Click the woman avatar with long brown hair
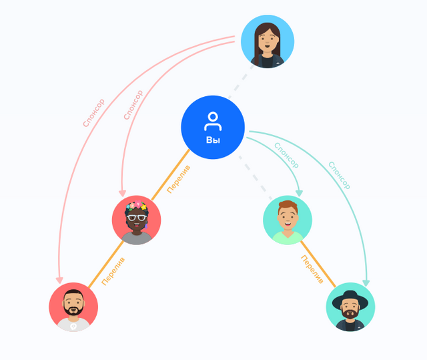(267, 42)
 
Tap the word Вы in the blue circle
(213, 140)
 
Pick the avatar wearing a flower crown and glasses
(137, 220)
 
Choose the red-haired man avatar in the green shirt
(288, 220)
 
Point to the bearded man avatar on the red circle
(73, 307)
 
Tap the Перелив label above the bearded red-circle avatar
(113, 271)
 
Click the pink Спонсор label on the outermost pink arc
(93, 114)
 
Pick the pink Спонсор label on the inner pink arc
(133, 105)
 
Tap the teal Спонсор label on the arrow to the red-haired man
(286, 155)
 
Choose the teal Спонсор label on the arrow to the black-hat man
(339, 175)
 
